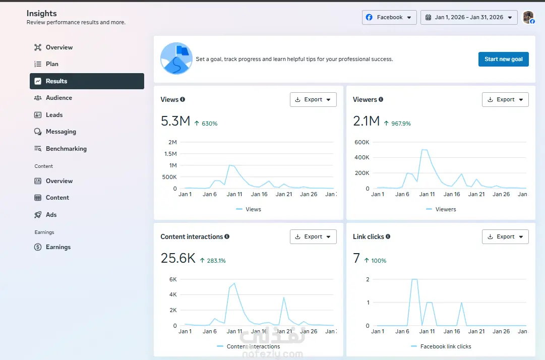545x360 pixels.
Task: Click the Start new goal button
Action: tap(503, 59)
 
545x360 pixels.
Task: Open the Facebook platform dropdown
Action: tap(389, 17)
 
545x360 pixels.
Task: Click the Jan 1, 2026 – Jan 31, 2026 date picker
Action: tap(468, 17)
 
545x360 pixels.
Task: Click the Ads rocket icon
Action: tap(38, 215)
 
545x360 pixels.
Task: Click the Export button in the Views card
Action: tap(313, 100)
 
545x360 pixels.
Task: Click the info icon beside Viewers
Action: tap(381, 99)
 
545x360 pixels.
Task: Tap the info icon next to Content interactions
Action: tap(227, 236)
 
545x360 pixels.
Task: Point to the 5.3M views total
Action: tap(175, 121)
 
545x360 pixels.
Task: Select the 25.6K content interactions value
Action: tap(178, 258)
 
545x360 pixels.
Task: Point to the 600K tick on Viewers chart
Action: tap(362, 142)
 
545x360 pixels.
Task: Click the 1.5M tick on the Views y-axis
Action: tap(170, 154)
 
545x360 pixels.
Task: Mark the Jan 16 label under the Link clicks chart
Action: tap(452, 331)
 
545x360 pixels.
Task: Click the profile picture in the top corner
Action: tap(528, 17)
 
